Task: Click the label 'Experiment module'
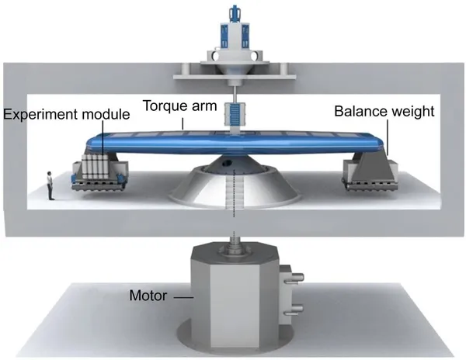(66, 115)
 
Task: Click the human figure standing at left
(50, 186)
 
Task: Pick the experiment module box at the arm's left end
(96, 170)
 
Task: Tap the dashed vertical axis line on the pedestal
(232, 198)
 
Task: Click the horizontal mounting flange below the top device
(233, 74)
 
